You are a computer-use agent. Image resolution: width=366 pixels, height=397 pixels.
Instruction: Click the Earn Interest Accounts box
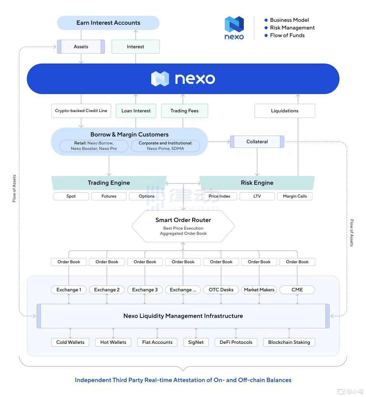click(108, 23)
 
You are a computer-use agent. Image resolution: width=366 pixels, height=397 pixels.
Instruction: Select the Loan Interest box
click(136, 111)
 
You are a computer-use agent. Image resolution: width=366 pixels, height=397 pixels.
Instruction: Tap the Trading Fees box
click(185, 111)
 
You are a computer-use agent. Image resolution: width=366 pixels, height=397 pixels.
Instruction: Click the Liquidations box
click(285, 111)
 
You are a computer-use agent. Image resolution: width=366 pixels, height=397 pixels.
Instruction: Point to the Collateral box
click(257, 142)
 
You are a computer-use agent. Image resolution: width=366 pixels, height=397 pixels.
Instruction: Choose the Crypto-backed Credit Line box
click(81, 111)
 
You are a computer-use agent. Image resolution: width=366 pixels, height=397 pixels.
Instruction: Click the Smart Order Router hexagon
click(183, 226)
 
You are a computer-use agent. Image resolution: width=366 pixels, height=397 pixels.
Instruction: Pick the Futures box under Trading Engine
click(109, 196)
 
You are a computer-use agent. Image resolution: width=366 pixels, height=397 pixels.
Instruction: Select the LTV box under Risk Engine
click(257, 196)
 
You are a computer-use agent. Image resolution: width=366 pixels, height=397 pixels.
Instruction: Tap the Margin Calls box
click(295, 196)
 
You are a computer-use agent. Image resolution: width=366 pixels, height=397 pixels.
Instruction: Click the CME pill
click(297, 290)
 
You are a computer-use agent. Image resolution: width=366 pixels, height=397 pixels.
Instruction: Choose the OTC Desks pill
click(221, 290)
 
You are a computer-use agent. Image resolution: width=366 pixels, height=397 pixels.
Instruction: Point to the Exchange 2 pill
click(107, 290)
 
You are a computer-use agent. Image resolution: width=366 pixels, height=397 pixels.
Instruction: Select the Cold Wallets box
click(70, 342)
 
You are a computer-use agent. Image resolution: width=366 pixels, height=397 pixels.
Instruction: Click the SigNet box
click(196, 342)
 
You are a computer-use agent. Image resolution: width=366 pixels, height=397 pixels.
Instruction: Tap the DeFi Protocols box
click(236, 342)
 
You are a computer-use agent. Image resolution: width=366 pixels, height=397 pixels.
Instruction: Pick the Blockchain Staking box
click(289, 342)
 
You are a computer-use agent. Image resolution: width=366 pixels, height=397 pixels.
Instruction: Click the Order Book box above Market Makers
click(259, 262)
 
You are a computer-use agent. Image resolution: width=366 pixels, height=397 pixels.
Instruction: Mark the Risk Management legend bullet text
click(292, 28)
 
